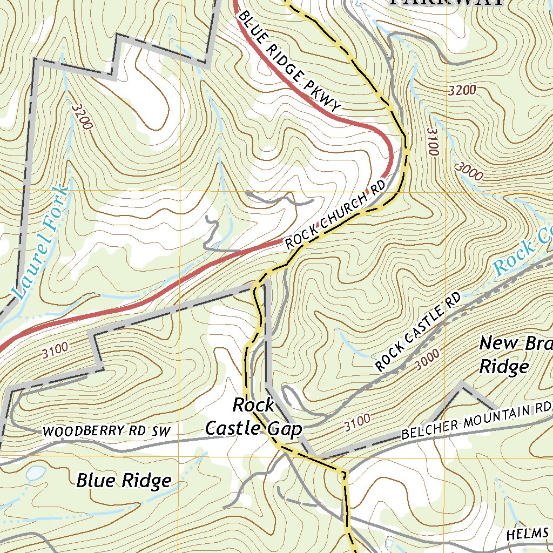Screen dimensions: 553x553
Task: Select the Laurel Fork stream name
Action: [41, 243]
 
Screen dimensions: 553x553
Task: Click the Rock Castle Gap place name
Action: [253, 416]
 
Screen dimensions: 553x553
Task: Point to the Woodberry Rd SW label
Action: [106, 431]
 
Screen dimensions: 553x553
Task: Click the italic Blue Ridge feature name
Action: [124, 480]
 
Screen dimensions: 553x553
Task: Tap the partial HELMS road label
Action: [528, 534]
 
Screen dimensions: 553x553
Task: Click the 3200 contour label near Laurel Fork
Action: [82, 117]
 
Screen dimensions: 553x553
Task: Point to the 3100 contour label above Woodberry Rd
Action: [55, 352]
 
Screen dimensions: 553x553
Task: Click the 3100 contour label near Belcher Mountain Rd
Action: [357, 423]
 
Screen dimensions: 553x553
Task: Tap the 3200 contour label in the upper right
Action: [462, 90]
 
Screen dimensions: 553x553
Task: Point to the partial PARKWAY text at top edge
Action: [446, 2]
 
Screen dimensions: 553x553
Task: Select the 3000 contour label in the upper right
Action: [468, 171]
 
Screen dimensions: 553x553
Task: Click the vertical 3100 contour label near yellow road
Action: [431, 141]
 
